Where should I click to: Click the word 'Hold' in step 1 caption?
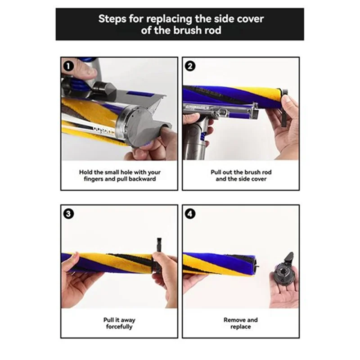87,172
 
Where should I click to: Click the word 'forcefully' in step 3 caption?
119,327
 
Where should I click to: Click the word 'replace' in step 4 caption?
241,327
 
